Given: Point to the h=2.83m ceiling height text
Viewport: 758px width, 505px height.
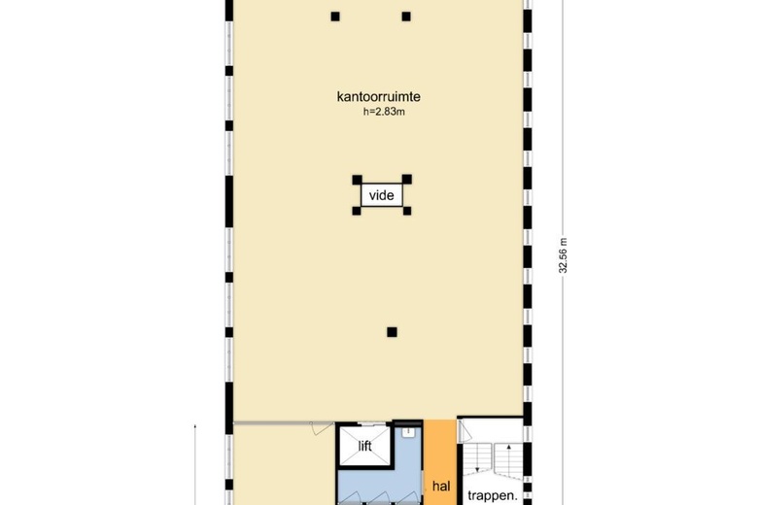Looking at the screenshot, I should (x=382, y=111).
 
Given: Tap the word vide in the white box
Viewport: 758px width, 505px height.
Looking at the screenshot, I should (x=381, y=195).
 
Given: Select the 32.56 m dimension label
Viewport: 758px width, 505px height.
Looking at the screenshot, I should (x=563, y=255).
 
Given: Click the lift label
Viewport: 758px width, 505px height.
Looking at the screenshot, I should (x=365, y=447).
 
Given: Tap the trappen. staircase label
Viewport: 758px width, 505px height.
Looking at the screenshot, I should (x=492, y=493).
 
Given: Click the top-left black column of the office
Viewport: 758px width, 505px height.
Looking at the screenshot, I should (x=335, y=16).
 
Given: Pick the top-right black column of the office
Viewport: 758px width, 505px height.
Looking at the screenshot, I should (x=406, y=16).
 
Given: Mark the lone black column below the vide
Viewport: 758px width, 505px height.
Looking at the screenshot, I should (x=392, y=332).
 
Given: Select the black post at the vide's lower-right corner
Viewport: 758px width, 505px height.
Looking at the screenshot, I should (x=407, y=211).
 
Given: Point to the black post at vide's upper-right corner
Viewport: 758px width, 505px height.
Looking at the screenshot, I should (x=407, y=180).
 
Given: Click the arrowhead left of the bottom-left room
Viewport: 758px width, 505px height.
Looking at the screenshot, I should (x=196, y=428).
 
